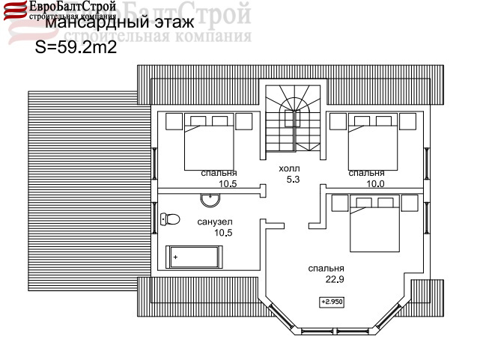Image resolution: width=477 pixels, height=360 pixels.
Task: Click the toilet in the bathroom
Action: click(170, 219)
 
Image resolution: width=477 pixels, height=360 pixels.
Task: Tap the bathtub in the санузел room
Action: click(194, 257)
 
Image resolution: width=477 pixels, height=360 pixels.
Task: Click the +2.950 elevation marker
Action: click(332, 302)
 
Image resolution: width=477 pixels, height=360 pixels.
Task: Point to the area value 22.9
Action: click(335, 279)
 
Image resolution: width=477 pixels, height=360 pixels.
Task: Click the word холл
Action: click(289, 168)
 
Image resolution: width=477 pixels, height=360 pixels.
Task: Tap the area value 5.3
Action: click(293, 180)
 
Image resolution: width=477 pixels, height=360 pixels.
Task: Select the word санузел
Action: click(215, 222)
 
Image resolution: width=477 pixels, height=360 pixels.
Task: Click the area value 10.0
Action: click(375, 183)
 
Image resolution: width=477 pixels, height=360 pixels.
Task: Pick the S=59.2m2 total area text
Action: click(76, 47)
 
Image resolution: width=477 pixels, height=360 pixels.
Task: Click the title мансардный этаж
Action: click(120, 22)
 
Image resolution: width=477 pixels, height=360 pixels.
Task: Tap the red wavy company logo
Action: click(15, 10)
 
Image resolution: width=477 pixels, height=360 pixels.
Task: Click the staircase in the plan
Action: click(293, 118)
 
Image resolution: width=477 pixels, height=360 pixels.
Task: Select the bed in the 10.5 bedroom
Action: click(209, 141)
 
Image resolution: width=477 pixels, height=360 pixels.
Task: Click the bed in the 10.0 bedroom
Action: click(373, 141)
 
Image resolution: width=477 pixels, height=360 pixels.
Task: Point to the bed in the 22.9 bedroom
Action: click(374, 223)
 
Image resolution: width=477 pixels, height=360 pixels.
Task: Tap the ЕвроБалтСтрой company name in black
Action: click(73, 7)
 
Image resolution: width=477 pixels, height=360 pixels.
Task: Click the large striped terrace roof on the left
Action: click(89, 191)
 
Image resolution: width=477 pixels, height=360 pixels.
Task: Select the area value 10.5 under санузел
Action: click(223, 233)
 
